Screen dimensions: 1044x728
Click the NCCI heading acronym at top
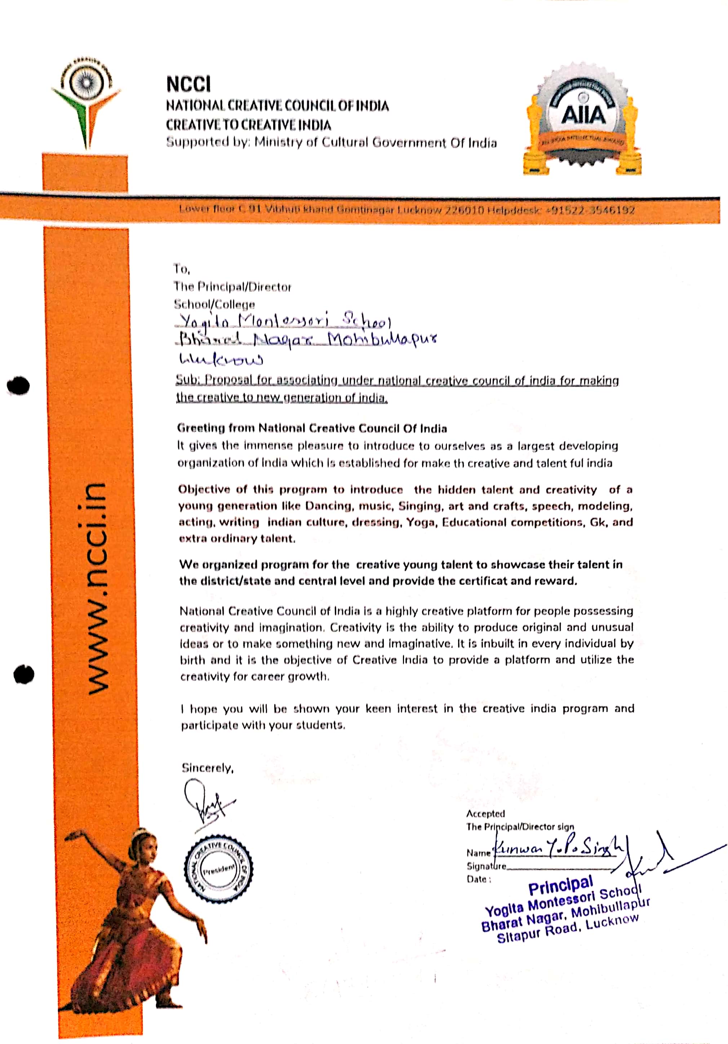(188, 85)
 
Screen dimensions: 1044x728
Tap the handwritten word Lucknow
(221, 360)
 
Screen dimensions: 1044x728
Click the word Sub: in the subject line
(188, 380)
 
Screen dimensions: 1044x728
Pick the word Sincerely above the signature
(207, 768)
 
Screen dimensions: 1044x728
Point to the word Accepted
(485, 814)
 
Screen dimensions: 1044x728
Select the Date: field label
(478, 879)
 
